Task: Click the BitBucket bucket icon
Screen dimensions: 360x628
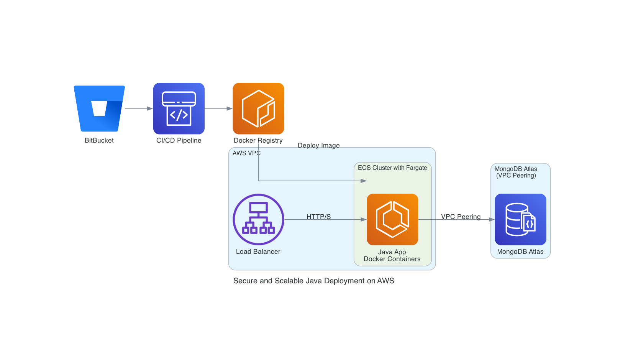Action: click(99, 108)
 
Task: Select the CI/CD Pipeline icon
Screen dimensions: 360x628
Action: click(179, 108)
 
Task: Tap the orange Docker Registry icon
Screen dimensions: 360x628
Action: click(258, 108)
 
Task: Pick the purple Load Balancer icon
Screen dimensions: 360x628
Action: click(258, 219)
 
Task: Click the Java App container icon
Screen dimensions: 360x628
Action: click(392, 219)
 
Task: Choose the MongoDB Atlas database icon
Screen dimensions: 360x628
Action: click(520, 219)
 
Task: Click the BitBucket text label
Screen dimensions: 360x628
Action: click(99, 140)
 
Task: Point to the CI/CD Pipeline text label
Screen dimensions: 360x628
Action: click(179, 140)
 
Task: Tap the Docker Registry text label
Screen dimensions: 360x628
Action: click(258, 140)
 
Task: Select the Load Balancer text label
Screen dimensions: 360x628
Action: click(258, 252)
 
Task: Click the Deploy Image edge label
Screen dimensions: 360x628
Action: click(319, 145)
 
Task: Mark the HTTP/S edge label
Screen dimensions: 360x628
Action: click(319, 217)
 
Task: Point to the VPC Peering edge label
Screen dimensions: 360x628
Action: click(461, 217)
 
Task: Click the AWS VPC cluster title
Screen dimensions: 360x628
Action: click(246, 153)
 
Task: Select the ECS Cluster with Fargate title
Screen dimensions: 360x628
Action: click(392, 168)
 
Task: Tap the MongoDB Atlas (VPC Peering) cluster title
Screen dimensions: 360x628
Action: click(516, 172)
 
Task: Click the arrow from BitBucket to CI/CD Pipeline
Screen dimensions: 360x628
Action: click(139, 108)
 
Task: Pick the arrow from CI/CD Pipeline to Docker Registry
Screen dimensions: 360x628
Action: click(218, 108)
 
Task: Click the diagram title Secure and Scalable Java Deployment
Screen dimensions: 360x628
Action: click(314, 281)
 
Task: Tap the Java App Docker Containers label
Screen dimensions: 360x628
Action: click(392, 255)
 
